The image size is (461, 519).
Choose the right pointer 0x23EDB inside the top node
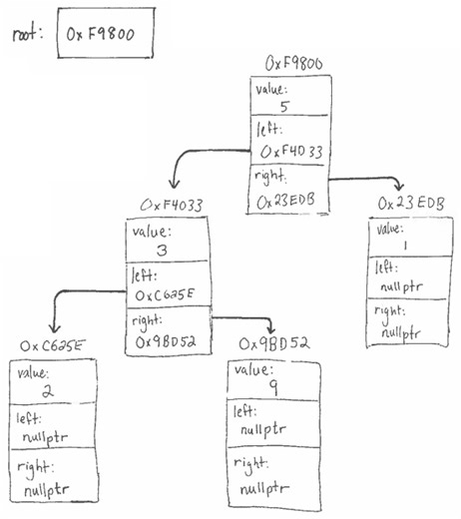[289, 200]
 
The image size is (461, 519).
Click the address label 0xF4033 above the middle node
[172, 207]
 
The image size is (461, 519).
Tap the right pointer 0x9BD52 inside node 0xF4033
[167, 339]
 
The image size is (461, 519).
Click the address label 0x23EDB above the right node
[410, 204]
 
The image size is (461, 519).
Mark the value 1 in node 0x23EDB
[403, 245]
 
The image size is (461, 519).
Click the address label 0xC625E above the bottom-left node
[54, 345]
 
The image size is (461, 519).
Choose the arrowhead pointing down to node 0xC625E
[52, 328]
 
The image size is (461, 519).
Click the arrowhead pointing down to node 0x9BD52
[270, 329]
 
